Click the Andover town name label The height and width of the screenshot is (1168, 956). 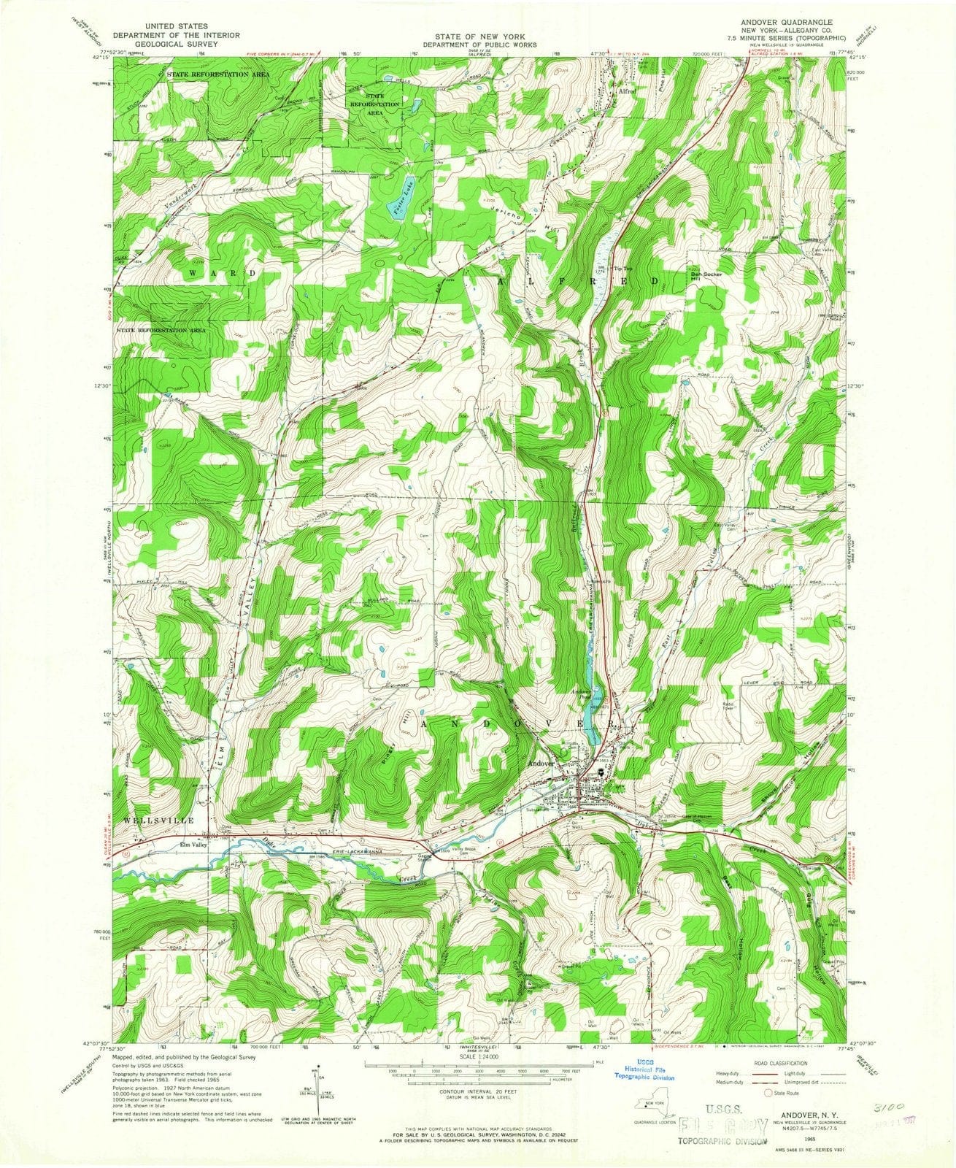click(544, 764)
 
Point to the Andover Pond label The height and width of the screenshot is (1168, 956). click(581, 694)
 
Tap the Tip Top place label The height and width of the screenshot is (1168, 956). click(622, 269)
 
